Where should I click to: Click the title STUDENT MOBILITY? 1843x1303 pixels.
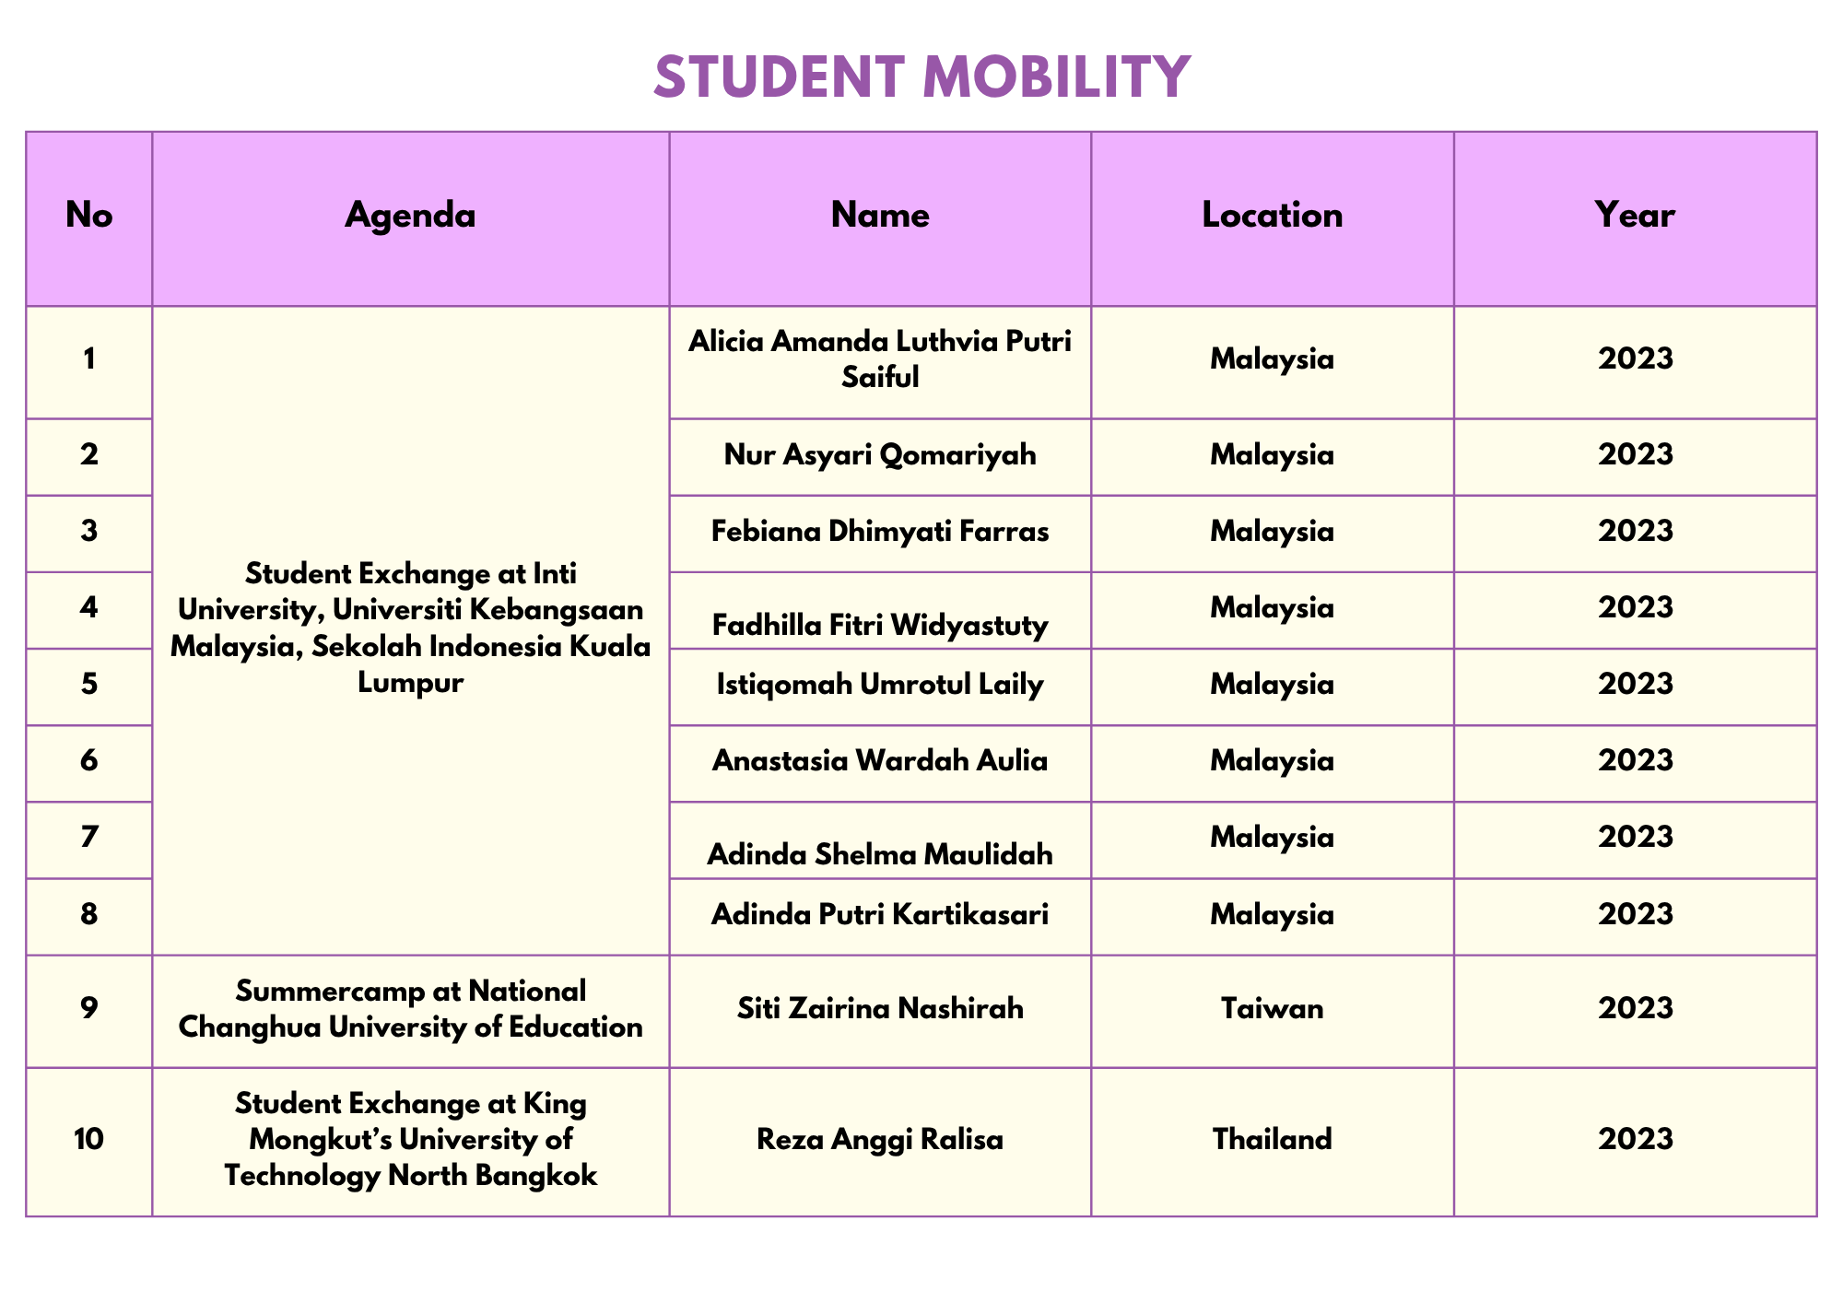coord(921,76)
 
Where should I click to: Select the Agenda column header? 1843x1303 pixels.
coord(410,216)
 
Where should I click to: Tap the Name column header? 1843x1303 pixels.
coord(880,216)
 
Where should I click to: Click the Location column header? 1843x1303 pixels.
coord(1272,216)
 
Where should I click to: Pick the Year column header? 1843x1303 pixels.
coord(1635,216)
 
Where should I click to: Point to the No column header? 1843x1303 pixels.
coord(89,216)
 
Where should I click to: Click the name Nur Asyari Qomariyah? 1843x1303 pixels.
coord(880,454)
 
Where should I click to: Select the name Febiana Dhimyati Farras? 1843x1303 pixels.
coord(880,532)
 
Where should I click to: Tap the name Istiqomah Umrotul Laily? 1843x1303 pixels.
coord(880,685)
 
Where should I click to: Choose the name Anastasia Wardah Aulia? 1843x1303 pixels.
coord(880,761)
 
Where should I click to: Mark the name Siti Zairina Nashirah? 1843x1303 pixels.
coord(880,1009)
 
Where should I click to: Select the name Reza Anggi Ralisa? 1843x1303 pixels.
coord(880,1140)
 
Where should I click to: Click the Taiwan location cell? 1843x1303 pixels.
coord(1272,1009)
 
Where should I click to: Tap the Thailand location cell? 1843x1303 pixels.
coord(1272,1140)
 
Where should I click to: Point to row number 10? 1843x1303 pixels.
coord(89,1140)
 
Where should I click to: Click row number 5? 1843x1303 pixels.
coord(89,685)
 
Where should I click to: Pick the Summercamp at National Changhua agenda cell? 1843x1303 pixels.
coord(410,1009)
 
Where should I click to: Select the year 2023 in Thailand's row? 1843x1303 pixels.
coord(1635,1140)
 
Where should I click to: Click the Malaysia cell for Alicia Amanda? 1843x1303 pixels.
coord(1272,359)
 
